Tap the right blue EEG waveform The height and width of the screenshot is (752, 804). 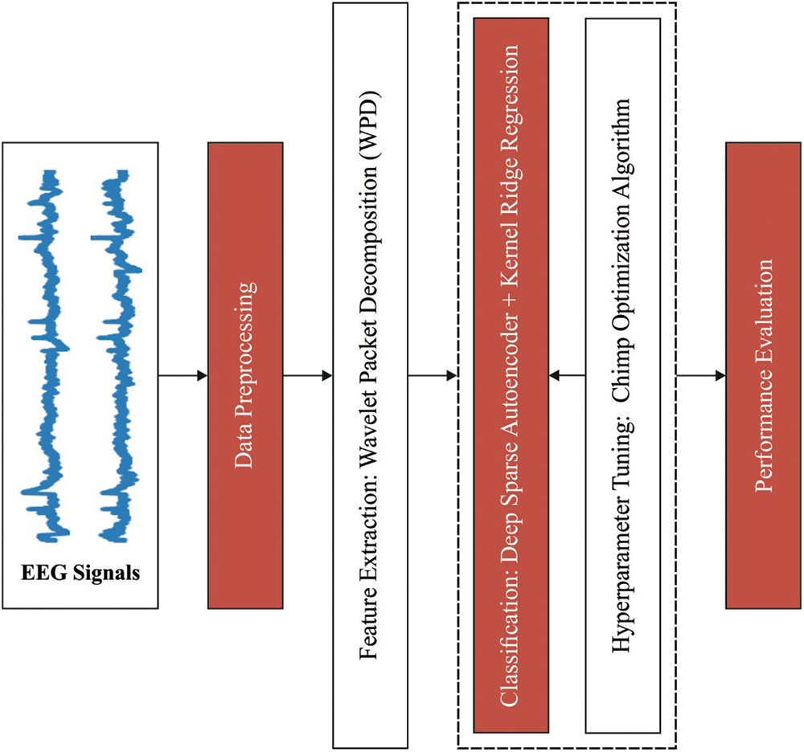pos(117,354)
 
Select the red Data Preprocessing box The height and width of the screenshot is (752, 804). pos(245,374)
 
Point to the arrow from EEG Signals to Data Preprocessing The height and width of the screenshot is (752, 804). pos(183,375)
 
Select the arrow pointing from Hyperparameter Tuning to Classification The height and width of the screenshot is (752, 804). pos(567,375)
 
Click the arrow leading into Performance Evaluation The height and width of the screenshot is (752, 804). pos(701,375)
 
